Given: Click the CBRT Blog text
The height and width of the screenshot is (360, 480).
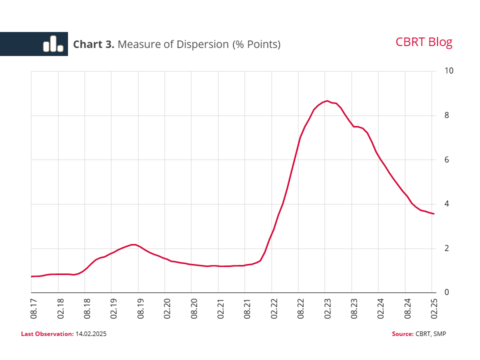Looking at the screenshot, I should coord(423,42).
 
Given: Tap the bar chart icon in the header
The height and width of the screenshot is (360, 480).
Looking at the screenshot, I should coord(53,44).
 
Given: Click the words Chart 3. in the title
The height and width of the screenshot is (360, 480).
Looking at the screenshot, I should coord(93,44).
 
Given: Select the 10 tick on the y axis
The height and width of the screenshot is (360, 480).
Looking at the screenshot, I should coord(449,71).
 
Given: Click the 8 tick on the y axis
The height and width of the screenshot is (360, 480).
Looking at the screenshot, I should coord(447,115).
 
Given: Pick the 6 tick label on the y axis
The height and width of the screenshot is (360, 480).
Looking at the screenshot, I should coord(447,160).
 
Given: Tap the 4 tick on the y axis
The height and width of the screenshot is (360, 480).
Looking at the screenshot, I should coord(447,204).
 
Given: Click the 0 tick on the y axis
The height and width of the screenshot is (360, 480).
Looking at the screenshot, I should coord(447,292).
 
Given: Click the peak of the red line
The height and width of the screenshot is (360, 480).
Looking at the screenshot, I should coord(327,101).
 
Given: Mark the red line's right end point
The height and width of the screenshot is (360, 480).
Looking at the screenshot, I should coord(433,214).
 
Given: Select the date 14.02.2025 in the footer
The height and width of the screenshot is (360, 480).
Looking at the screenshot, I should coord(91,333).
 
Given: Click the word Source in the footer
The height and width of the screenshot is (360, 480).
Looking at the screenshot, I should coord(402,333).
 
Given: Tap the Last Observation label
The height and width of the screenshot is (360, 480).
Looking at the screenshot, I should coord(47,333).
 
